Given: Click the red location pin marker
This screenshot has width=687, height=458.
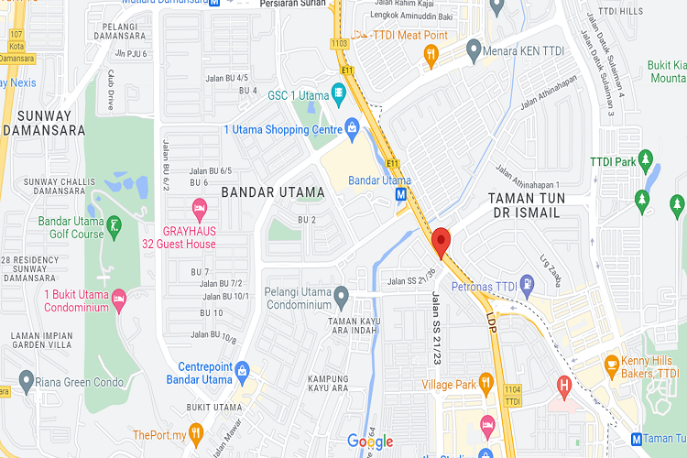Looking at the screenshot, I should click(442, 241).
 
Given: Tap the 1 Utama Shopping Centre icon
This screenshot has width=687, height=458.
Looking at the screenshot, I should click(351, 125).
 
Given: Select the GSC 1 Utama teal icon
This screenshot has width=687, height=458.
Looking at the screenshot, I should click(338, 92).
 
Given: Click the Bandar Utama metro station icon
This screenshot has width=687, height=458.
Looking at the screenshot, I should click(401, 194).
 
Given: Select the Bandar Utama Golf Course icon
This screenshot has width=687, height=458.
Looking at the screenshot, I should click(114, 224).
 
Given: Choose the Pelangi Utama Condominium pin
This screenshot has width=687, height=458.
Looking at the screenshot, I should click(341, 296).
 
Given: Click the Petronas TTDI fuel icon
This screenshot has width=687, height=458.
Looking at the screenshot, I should click(528, 282).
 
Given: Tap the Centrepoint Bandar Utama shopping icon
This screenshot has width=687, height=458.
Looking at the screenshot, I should click(242, 370).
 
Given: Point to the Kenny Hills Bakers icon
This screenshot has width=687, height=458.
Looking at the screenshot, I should click(612, 365).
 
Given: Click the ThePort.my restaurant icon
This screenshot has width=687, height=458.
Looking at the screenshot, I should click(195, 433).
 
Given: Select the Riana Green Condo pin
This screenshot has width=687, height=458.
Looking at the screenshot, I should click(26, 380).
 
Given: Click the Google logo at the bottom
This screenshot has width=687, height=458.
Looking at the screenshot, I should click(370, 442).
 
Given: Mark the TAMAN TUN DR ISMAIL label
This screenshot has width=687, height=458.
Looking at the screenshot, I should click(527, 205).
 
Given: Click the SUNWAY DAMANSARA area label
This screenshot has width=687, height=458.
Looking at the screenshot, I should click(37, 123).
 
